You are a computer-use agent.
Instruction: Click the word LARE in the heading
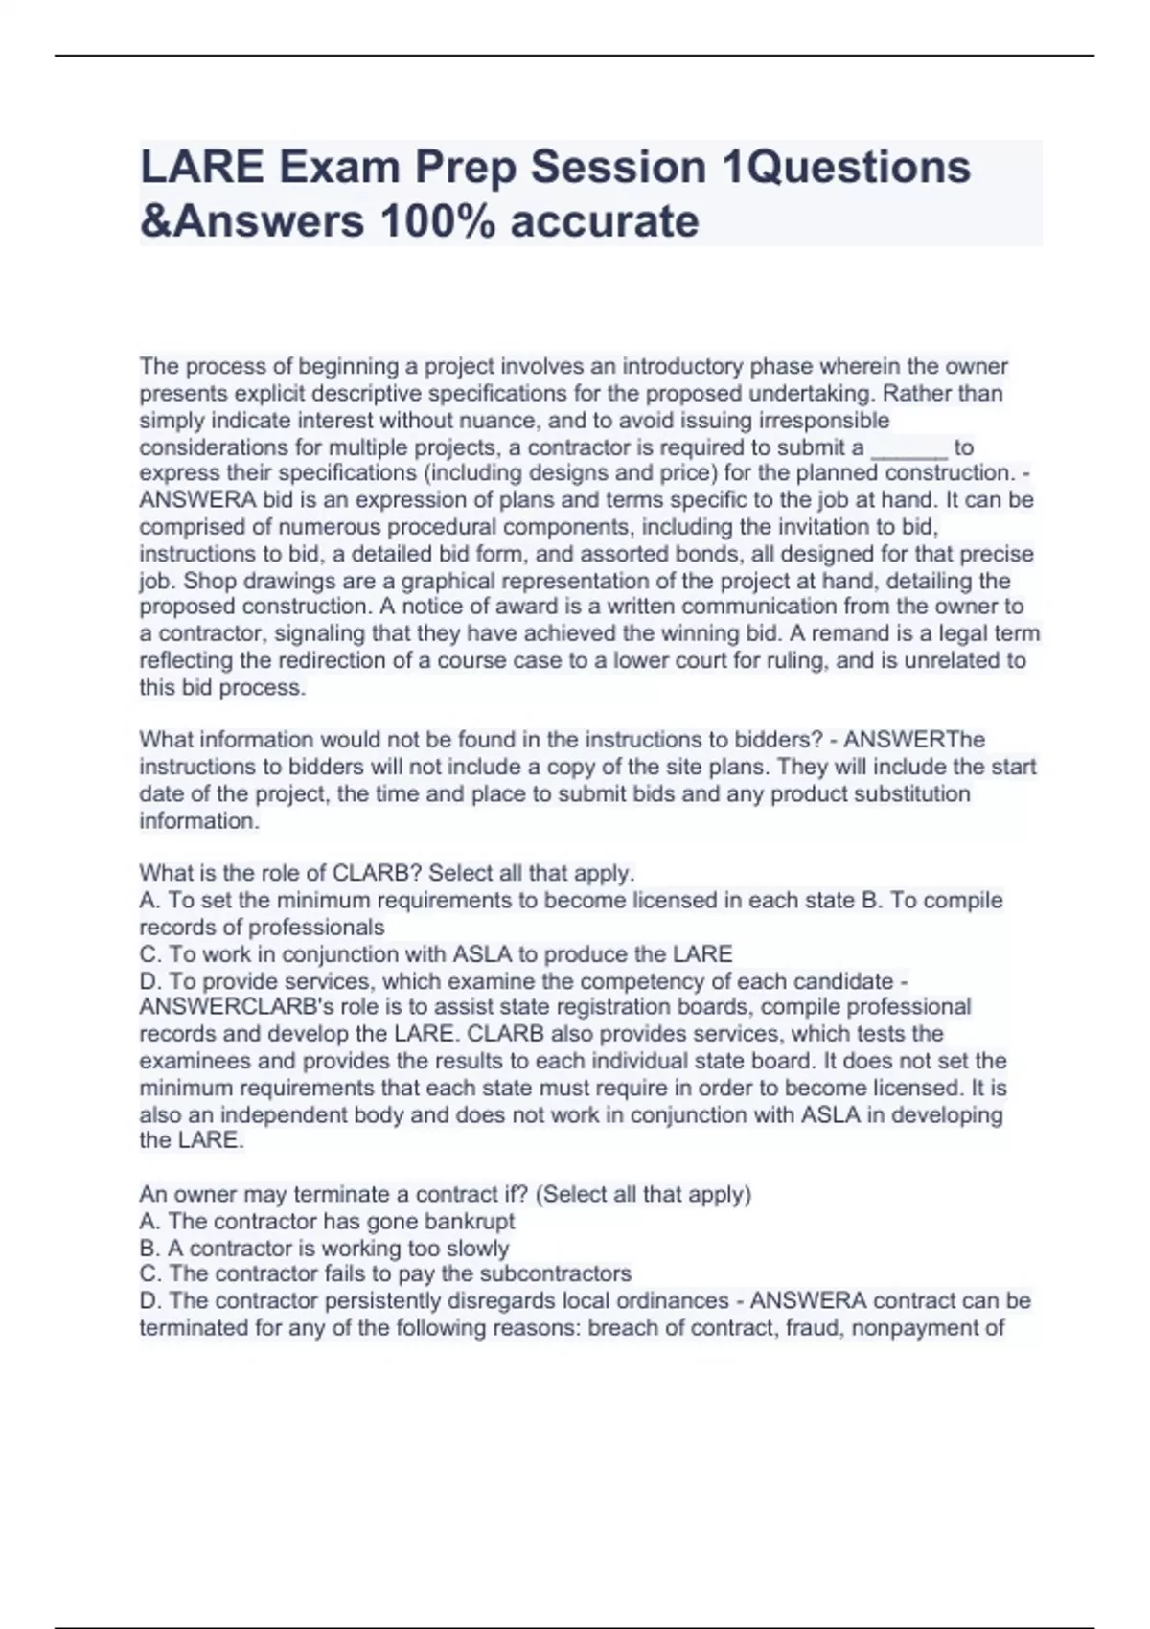(x=202, y=167)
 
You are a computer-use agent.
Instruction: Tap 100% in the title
(x=436, y=221)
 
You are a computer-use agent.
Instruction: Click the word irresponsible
(x=824, y=421)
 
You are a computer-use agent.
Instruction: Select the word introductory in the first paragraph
(x=682, y=367)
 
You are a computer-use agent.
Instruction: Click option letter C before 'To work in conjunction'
(x=149, y=954)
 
